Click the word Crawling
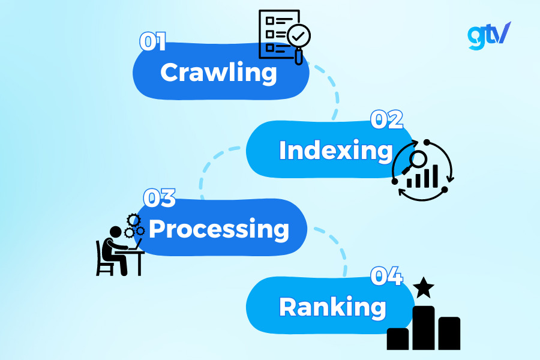pyautogui.click(x=219, y=73)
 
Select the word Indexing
pyautogui.click(x=335, y=151)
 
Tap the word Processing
pyautogui.click(x=219, y=229)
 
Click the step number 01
pyautogui.click(x=152, y=41)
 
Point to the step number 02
pyautogui.click(x=386, y=120)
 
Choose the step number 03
pyautogui.click(x=159, y=199)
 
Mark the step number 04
pyautogui.click(x=386, y=277)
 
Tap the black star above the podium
pyautogui.click(x=424, y=287)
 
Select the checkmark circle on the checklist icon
pyautogui.click(x=298, y=37)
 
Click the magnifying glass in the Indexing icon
pyautogui.click(x=415, y=161)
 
